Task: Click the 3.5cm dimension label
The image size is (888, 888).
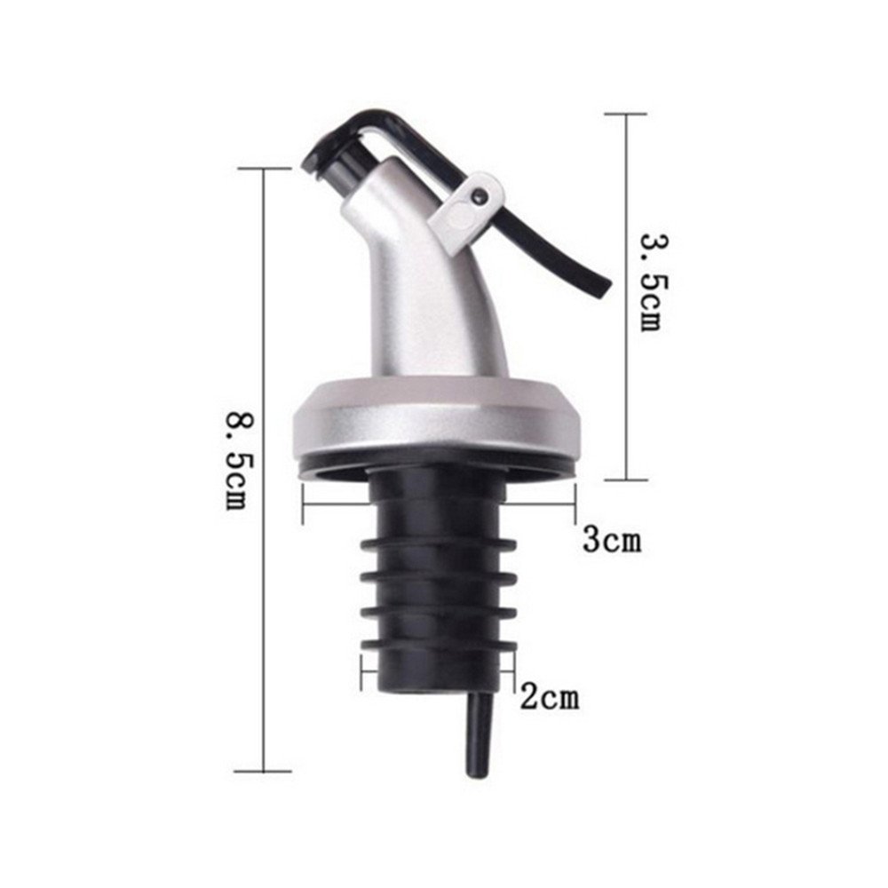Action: click(x=650, y=281)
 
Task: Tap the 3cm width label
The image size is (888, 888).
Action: click(x=612, y=539)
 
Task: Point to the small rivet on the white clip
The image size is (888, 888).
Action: click(x=480, y=190)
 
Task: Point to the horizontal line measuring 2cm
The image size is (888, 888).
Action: click(x=440, y=671)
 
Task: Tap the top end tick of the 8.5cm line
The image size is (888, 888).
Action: click(x=264, y=168)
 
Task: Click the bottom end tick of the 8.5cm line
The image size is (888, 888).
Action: click(x=264, y=772)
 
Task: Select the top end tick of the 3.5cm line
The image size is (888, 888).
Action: click(x=626, y=114)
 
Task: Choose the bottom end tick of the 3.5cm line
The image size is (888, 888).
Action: click(x=626, y=479)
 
